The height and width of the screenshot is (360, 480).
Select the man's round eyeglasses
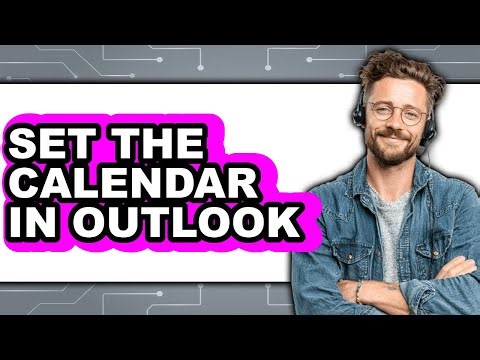pyautogui.click(x=396, y=111)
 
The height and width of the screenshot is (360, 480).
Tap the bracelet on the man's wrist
pyautogui.click(x=357, y=291)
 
